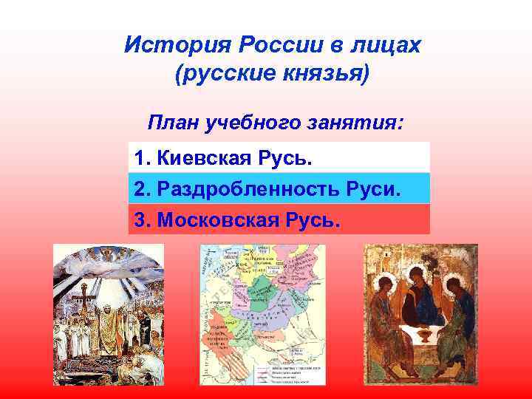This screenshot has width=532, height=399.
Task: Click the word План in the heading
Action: tap(172, 121)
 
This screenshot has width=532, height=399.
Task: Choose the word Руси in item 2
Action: tap(375, 189)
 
